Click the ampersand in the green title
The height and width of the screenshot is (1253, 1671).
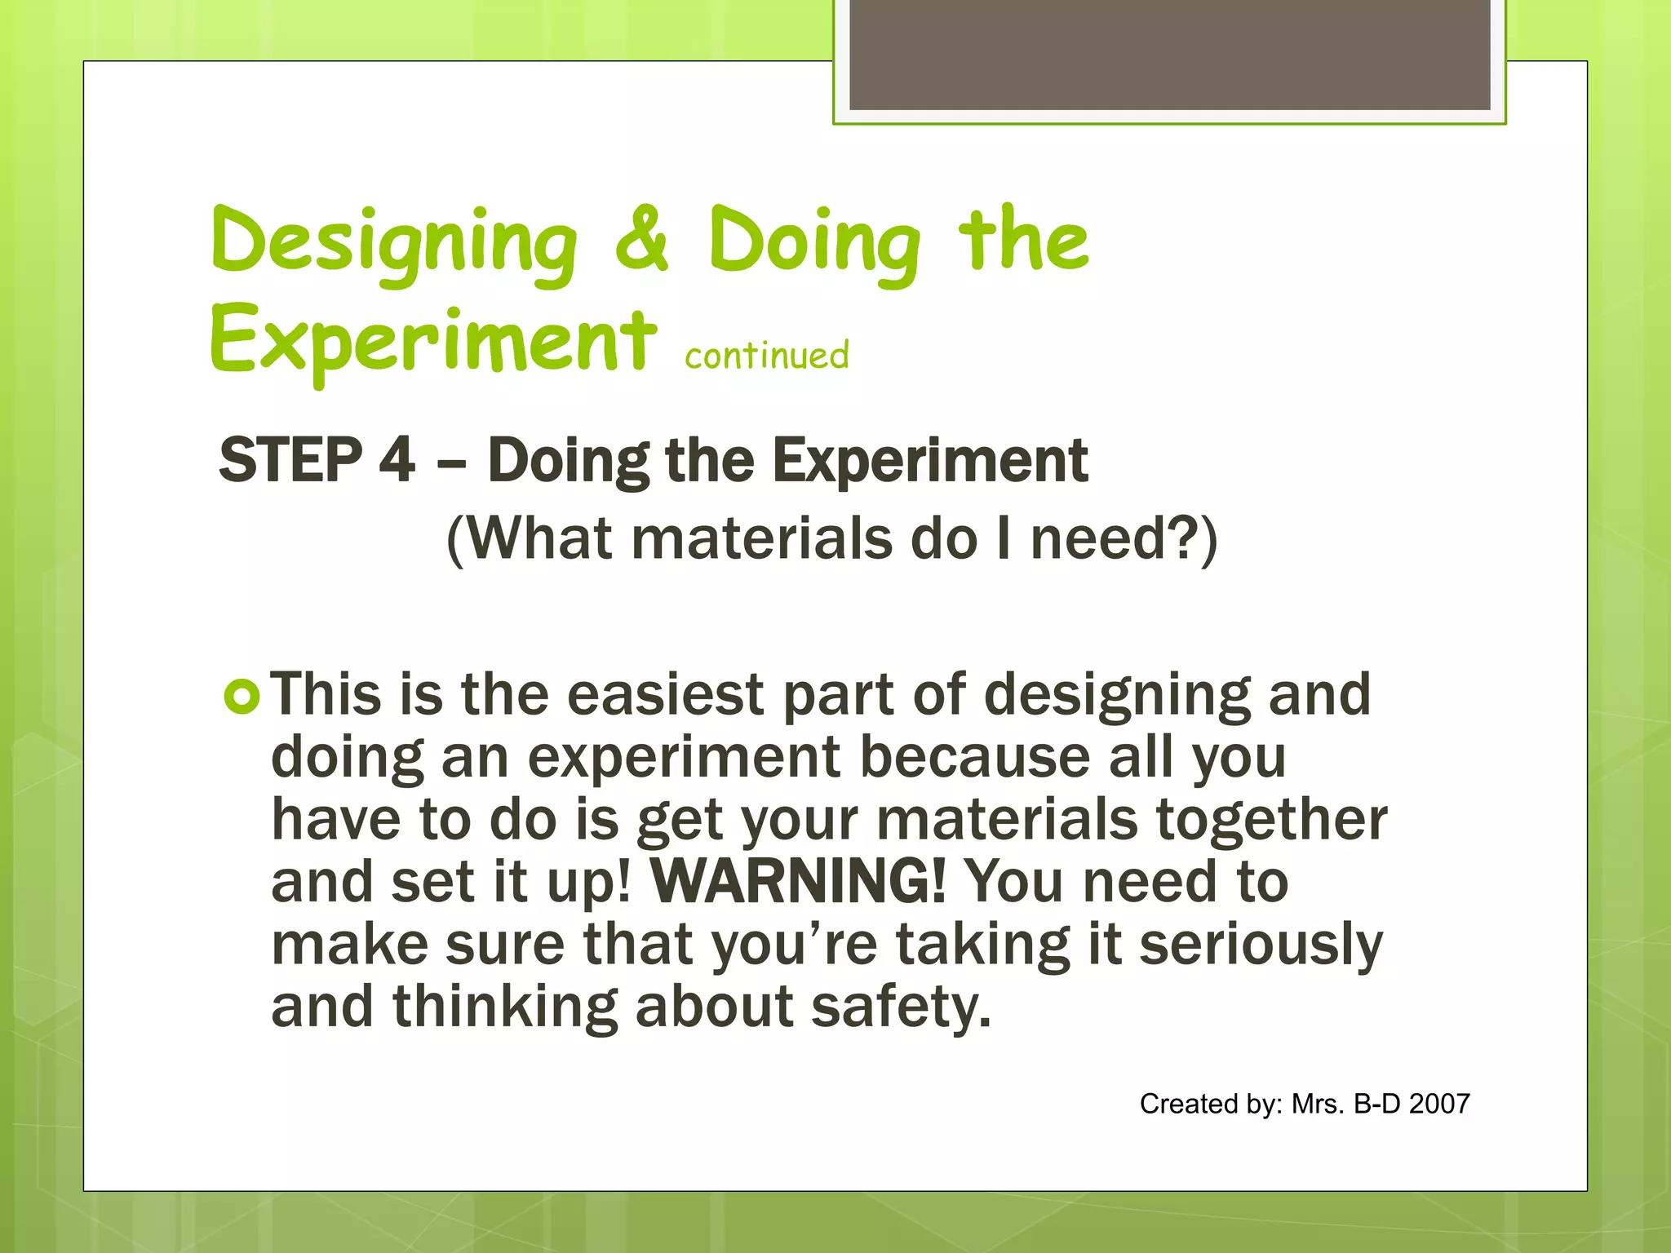click(642, 241)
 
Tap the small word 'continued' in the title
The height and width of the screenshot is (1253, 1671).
click(766, 356)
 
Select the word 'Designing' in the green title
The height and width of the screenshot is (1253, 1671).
click(394, 243)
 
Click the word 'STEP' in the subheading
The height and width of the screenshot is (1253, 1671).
click(290, 460)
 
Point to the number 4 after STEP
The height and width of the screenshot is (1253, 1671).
click(397, 460)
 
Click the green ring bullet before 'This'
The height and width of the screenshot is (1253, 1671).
click(242, 697)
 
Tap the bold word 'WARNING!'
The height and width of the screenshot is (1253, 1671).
click(798, 882)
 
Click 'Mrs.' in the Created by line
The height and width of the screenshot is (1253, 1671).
click(1317, 1104)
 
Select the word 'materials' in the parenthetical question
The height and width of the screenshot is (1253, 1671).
click(762, 539)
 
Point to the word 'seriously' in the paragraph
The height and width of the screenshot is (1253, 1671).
click(1261, 945)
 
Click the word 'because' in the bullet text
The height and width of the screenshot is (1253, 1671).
click(974, 757)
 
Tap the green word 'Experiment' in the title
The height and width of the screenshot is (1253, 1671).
click(432, 342)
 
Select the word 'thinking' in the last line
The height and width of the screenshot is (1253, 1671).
click(505, 1007)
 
